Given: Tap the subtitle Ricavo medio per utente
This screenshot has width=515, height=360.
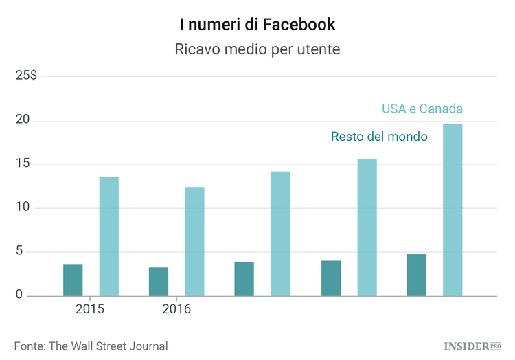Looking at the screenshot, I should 257,50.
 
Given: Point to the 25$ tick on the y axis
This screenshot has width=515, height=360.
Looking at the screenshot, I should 27,76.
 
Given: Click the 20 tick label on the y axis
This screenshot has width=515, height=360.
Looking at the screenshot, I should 23,120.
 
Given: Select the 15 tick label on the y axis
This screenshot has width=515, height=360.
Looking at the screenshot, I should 23,164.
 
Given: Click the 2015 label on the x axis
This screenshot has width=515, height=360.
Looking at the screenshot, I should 90,309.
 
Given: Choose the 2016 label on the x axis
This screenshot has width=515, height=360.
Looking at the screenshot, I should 176,309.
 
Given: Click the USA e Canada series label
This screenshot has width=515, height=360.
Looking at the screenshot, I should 422,109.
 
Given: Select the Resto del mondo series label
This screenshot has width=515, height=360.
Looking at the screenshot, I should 379,137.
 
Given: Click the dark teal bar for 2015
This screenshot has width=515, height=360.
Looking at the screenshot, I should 73,280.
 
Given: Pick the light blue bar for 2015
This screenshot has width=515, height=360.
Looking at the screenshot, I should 108,236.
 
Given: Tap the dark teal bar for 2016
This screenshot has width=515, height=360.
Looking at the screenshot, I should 159,282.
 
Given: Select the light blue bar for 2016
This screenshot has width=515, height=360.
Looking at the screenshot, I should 194,241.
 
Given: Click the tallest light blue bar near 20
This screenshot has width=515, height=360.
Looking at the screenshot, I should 453,210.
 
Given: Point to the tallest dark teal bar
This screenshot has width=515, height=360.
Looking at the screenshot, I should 417,275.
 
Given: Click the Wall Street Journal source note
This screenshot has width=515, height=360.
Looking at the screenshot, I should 91,346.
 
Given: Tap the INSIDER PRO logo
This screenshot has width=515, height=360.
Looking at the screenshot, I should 472,345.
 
